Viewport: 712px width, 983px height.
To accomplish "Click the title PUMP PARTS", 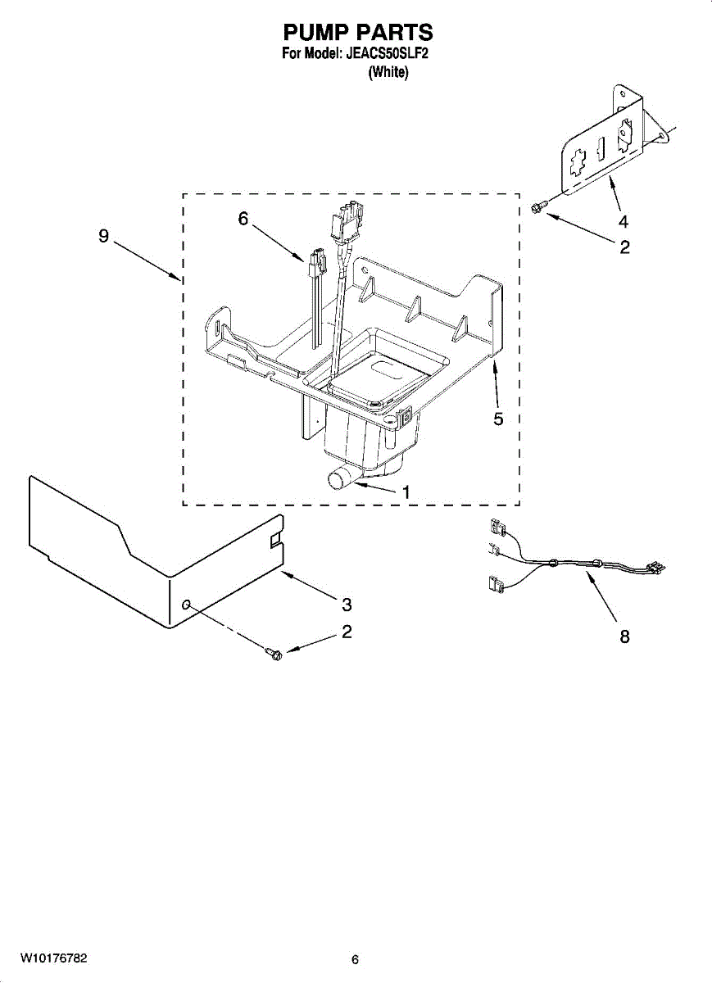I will (357, 32).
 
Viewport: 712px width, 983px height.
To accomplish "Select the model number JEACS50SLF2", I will (386, 55).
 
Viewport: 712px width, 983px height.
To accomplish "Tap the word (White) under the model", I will (388, 72).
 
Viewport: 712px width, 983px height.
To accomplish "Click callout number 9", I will (103, 236).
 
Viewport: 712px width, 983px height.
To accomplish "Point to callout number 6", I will (243, 220).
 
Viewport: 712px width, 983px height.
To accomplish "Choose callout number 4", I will (624, 221).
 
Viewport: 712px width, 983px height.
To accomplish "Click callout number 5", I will (498, 419).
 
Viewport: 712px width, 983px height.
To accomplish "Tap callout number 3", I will (347, 605).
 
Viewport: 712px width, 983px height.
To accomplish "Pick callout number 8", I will (624, 636).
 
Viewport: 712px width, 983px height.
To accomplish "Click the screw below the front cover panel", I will (274, 652).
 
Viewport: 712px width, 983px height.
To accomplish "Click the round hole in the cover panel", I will (188, 605).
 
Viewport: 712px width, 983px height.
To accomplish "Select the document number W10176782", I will (54, 958).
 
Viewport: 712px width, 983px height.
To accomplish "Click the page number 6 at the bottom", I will (355, 959).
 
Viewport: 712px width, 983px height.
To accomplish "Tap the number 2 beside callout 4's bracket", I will (624, 247).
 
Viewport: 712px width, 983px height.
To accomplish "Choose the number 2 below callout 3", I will (347, 632).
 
